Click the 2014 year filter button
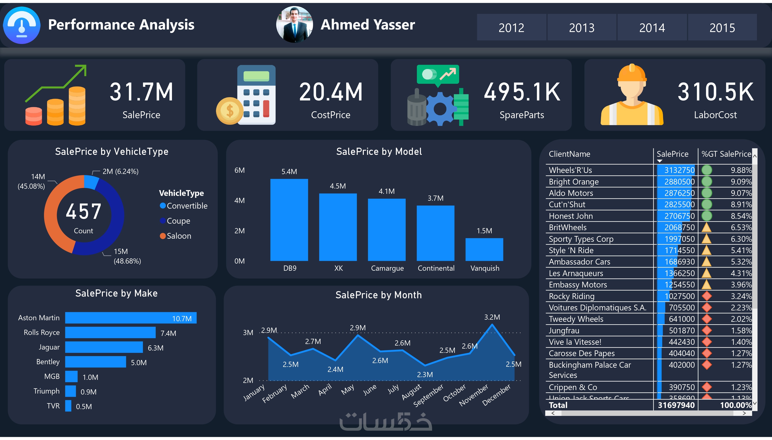[x=652, y=28]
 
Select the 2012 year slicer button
[x=511, y=28]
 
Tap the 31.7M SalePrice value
[x=141, y=92]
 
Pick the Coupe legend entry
[x=178, y=221]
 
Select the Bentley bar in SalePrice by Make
[x=96, y=362]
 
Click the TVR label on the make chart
[x=53, y=406]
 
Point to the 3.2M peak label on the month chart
[x=492, y=317]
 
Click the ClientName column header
[x=569, y=154]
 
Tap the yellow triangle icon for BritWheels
[x=706, y=227]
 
